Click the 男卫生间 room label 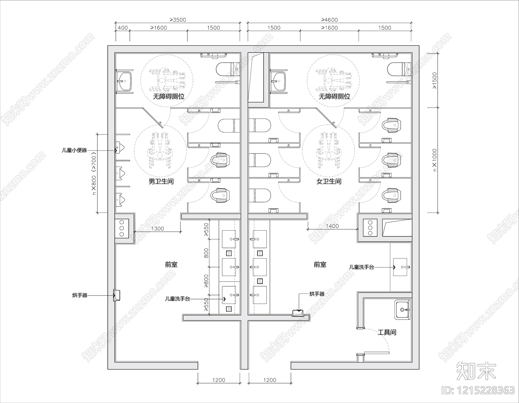point(161,181)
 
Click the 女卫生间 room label point(329,181)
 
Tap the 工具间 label point(387,332)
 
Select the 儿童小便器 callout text point(74,150)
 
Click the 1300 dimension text point(158,229)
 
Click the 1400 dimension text point(332,226)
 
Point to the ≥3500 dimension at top point(178,20)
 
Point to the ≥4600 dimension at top point(330,20)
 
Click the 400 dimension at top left point(123,28)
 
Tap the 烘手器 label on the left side point(80,295)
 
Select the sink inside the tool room point(403,310)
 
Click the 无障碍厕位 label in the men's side point(168,97)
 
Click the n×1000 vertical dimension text point(435,160)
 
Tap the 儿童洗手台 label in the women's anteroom point(361,267)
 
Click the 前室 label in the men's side point(171,265)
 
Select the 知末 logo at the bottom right point(476,370)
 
